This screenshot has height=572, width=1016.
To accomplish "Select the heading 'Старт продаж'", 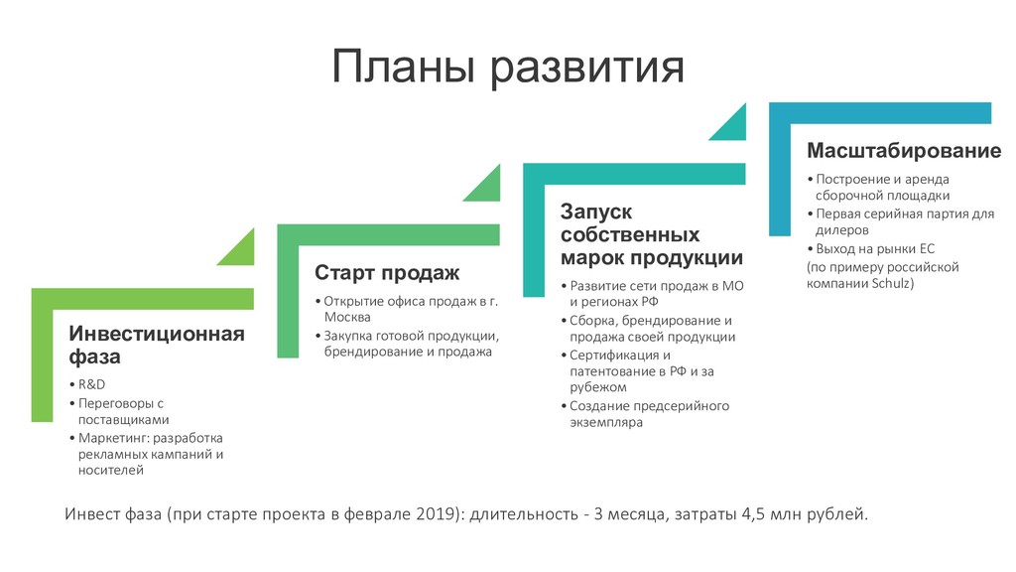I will (387, 272).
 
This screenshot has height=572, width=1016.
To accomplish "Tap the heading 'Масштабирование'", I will (903, 151).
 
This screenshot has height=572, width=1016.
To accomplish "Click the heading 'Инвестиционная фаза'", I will (155, 344).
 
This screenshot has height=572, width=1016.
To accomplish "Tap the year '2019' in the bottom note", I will (429, 514).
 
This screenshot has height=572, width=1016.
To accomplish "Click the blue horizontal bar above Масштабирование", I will (880, 111).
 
